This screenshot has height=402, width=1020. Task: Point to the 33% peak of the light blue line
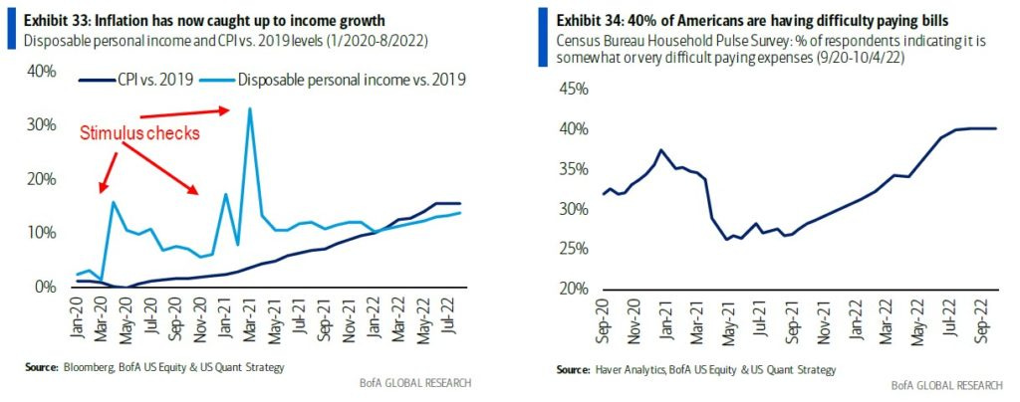tap(249, 108)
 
